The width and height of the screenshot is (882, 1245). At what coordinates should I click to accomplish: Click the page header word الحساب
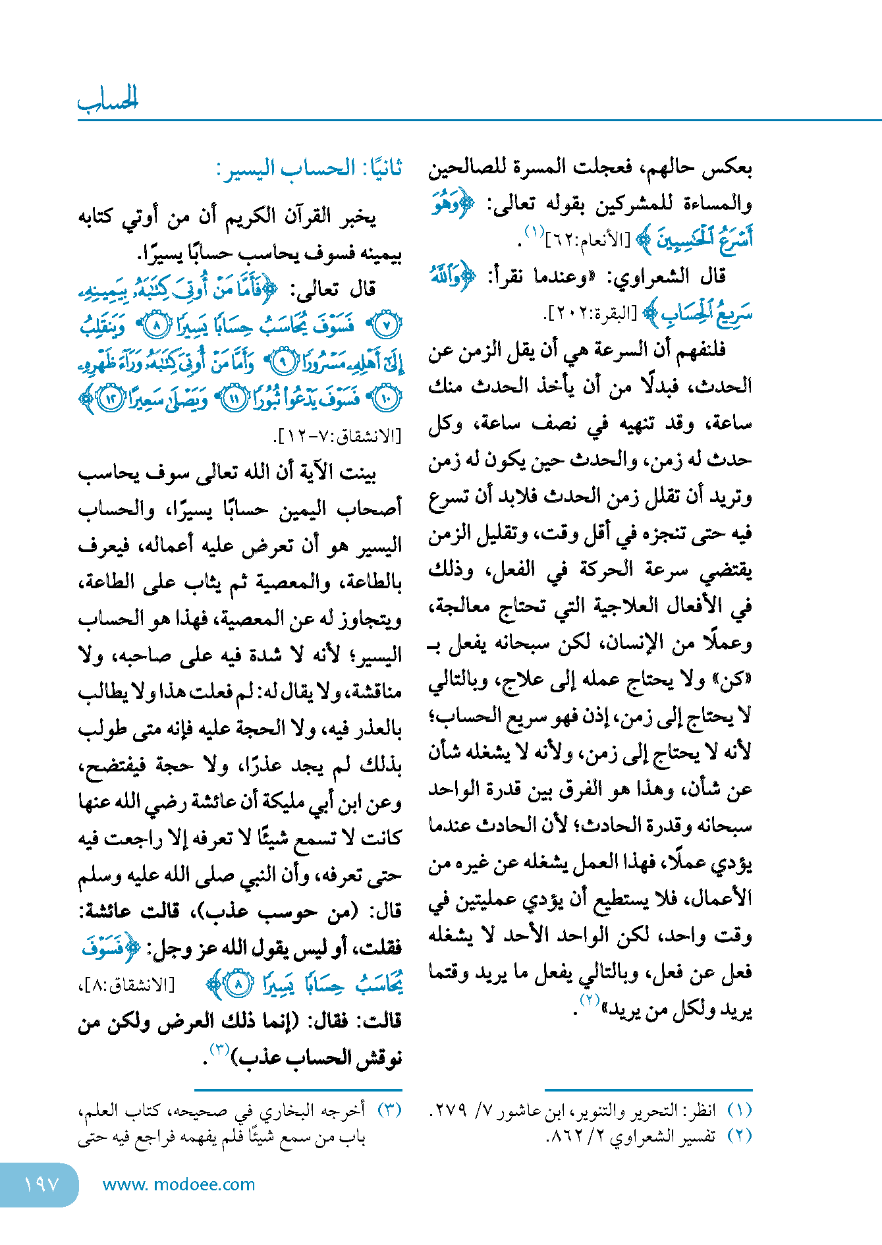click(x=108, y=99)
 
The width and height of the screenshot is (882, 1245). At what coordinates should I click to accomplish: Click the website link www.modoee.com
click(x=179, y=1184)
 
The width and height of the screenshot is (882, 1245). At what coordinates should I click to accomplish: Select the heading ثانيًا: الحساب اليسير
click(x=309, y=169)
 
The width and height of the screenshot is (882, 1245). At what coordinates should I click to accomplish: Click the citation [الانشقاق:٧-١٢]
click(x=337, y=435)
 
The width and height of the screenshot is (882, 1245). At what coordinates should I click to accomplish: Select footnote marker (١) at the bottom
click(x=739, y=1110)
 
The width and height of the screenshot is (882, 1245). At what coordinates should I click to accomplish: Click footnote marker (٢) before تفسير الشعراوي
click(x=739, y=1136)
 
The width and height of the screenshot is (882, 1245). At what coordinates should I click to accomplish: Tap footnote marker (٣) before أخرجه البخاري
click(x=389, y=1110)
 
